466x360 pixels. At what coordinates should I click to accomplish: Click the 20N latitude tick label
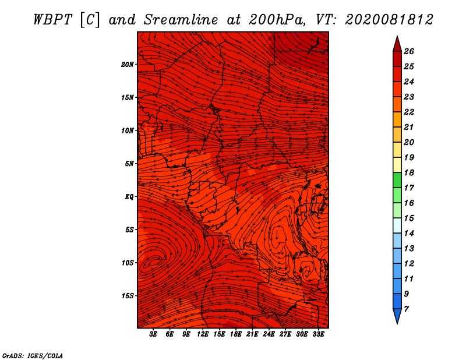128,65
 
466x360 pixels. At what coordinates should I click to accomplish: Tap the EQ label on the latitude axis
129,197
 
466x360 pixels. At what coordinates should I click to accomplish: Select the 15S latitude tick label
128,296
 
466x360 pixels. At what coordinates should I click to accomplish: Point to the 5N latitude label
129,164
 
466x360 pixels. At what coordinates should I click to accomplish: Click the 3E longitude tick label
153,334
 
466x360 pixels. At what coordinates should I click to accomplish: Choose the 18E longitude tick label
236,334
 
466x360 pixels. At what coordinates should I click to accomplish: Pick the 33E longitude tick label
318,334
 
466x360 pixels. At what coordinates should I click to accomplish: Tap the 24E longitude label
269,334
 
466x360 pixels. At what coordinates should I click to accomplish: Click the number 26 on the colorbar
409,51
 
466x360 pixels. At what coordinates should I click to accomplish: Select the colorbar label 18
409,172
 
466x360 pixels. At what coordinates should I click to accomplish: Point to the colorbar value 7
406,309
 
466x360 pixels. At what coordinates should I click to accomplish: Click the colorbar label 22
409,112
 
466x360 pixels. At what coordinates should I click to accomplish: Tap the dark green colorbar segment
397,180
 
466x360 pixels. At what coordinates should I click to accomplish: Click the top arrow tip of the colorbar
397,36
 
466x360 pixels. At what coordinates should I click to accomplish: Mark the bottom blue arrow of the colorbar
397,316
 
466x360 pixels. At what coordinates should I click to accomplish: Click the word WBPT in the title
52,20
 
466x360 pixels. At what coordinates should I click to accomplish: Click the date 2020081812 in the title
389,20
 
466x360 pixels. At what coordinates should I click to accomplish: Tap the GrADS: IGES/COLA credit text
33,355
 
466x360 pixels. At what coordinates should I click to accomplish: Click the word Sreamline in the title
181,20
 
